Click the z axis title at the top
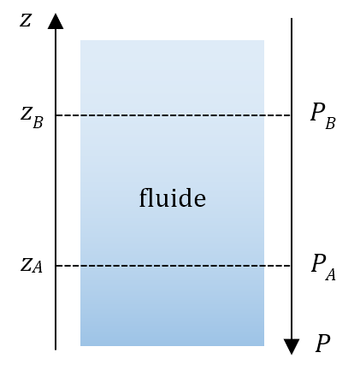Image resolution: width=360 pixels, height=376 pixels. [26, 21]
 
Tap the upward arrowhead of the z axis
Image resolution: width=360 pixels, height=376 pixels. [56, 21]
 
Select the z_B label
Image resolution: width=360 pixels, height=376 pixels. [32, 118]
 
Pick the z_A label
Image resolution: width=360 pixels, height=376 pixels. [32, 265]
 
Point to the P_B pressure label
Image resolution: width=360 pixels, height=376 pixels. [323, 116]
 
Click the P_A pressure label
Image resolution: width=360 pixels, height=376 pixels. [323, 267]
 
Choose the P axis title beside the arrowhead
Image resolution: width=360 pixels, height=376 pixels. [322, 343]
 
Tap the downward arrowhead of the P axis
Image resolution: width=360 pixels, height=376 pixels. [292, 347]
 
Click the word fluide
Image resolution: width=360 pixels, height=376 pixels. [173, 197]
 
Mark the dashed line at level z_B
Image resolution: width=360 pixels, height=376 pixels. [174, 115]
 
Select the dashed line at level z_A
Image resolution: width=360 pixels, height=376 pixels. [174, 266]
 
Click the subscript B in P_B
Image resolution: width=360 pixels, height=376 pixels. [330, 124]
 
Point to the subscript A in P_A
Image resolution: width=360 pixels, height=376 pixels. [330, 275]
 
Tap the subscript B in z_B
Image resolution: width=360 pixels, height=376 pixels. [38, 123]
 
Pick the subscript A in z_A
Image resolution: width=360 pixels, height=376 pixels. [38, 267]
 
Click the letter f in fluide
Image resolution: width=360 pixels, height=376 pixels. [144, 197]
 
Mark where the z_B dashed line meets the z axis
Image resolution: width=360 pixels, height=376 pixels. [56, 115]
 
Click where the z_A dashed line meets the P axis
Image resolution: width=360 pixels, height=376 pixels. [292, 266]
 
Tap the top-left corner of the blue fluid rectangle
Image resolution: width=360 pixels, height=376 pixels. [80, 40]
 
